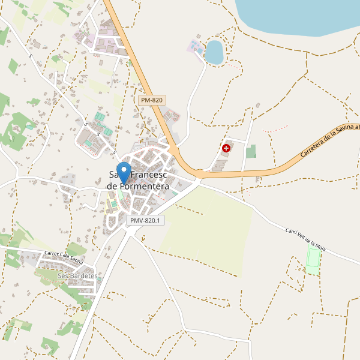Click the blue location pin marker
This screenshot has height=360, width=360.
pyautogui.click(x=124, y=173)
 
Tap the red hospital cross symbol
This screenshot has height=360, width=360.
pyautogui.click(x=226, y=148)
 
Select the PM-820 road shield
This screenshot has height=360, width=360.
pyautogui.click(x=151, y=100)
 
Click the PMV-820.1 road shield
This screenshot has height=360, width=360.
pyautogui.click(x=145, y=221)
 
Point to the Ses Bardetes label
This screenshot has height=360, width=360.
pyautogui.click(x=77, y=275)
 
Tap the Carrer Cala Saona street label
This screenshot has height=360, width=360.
pyautogui.click(x=71, y=256)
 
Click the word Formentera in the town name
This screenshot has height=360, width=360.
pyautogui.click(x=137, y=187)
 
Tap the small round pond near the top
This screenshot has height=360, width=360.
pyautogui.click(x=214, y=52)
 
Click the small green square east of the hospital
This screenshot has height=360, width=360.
pyautogui.click(x=251, y=151)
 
